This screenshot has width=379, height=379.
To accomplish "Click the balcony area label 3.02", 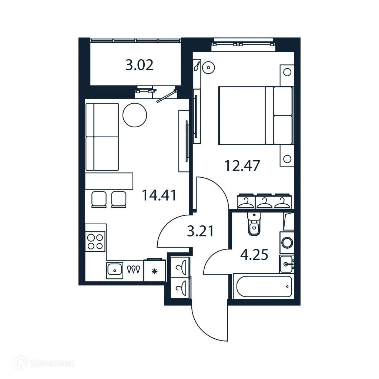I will (x=139, y=66).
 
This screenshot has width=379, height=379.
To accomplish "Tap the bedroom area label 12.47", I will (x=242, y=165).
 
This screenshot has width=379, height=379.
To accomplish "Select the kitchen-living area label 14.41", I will (x=159, y=195).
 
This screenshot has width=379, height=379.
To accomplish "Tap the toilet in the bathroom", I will (x=254, y=224).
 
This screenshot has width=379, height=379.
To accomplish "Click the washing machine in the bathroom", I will (x=287, y=242).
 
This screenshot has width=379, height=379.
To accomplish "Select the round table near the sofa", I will (x=135, y=115).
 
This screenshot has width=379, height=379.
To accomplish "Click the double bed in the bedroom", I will (x=255, y=115).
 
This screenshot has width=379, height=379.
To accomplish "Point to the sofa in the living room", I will (x=102, y=137).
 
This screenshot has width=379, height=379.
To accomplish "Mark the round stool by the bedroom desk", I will (x=209, y=68).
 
